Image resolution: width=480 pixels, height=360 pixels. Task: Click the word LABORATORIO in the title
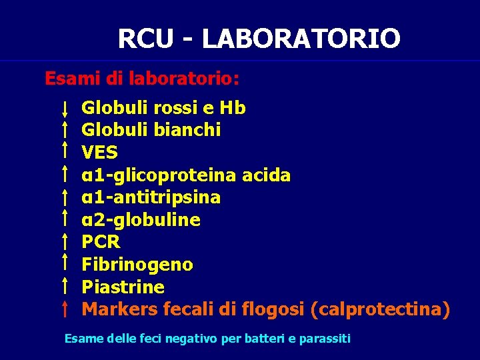[301, 39]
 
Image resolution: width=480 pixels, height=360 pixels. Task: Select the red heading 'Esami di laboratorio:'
[142, 79]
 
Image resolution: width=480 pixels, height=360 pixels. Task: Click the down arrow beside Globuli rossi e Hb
[64, 109]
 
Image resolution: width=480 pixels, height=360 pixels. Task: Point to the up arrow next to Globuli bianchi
[64, 129]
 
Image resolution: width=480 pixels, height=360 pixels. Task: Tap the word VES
[99, 153]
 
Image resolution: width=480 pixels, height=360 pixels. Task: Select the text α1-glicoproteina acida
[186, 175]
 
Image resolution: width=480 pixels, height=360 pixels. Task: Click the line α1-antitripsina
[151, 198]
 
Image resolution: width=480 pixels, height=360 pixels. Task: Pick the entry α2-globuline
[141, 220]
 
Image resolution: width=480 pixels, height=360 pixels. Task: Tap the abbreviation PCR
[101, 243]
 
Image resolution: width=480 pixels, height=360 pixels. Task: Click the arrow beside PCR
[64, 241]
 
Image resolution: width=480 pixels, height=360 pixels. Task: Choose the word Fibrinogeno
[137, 265]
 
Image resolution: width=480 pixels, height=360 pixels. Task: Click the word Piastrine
[123, 287]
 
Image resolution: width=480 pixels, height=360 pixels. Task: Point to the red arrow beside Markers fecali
[64, 309]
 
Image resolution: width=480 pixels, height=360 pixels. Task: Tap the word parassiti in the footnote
[325, 339]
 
